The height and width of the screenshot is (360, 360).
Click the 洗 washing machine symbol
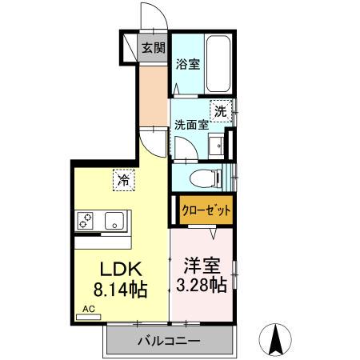(x=219, y=111)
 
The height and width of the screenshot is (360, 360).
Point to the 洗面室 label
(x=191, y=125)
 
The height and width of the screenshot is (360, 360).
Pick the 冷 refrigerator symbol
(x=123, y=181)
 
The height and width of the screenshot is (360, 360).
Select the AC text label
(x=88, y=307)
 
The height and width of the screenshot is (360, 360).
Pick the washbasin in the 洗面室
(x=217, y=144)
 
